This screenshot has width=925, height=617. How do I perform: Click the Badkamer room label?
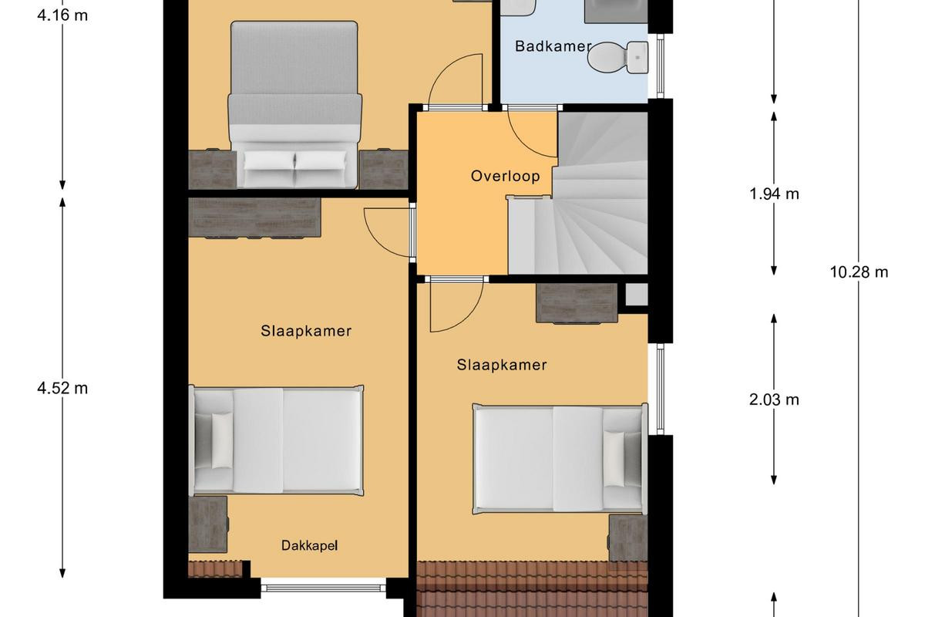point(553,46)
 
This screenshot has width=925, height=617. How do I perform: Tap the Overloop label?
point(505,176)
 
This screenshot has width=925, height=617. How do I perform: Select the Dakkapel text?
point(309,545)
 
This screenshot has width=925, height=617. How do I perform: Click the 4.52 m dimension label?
point(62,388)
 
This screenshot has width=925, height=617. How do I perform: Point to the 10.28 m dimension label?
point(859,272)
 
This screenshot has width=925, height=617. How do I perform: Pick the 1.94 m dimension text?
point(774,194)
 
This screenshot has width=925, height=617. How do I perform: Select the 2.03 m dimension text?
point(774,400)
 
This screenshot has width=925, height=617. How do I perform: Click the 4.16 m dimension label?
point(62,15)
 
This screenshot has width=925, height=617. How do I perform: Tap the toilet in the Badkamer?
point(617,58)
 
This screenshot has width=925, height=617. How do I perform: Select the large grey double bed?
point(294,104)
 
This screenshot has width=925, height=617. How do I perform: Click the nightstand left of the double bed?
point(212,170)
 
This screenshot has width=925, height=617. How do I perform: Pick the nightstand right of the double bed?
point(384,170)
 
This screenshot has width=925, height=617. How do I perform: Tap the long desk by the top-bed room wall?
point(254,217)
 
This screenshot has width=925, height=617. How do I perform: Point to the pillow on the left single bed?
point(222,440)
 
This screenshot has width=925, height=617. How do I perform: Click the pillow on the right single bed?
point(614,459)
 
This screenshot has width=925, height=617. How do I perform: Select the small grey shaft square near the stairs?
point(637,294)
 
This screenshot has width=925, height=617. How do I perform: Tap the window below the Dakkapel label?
point(323,587)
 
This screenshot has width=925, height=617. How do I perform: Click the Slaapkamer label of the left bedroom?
point(306,331)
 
